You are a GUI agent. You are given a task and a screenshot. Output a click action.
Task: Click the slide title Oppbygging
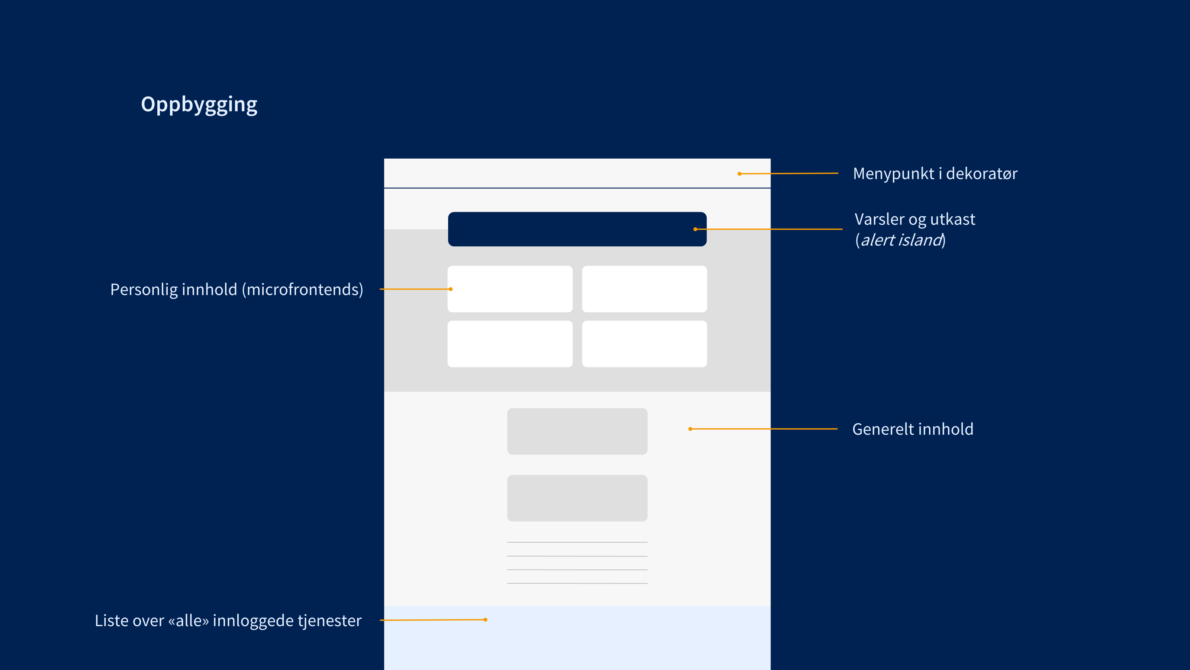[x=199, y=105]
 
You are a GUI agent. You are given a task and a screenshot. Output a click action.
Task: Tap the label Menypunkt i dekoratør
[x=935, y=173]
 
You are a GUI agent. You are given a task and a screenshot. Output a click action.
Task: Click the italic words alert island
[x=900, y=240]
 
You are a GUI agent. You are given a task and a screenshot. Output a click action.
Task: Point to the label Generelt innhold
[x=912, y=429]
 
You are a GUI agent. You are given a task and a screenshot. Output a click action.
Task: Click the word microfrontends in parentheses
[x=305, y=290]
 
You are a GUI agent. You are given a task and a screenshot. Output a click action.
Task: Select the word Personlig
[x=144, y=290]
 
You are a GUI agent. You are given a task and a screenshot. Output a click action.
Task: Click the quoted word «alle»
[x=189, y=620]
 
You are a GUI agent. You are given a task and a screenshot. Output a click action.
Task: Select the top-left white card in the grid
[x=509, y=289]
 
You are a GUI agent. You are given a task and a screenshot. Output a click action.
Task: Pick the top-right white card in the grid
[x=644, y=289]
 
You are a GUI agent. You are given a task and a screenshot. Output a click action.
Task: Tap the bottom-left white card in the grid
[x=509, y=344]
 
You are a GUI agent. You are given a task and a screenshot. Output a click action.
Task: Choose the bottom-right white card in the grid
[x=644, y=344]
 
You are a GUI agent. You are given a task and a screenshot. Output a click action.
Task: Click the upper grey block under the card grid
[x=577, y=431]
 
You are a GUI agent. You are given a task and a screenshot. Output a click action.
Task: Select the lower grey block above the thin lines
[x=577, y=498]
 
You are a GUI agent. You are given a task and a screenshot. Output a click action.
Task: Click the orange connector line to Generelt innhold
[x=762, y=429]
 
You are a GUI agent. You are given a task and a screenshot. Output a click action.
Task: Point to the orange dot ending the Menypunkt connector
[x=740, y=174]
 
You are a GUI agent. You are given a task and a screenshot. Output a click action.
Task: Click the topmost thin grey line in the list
[x=577, y=542]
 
